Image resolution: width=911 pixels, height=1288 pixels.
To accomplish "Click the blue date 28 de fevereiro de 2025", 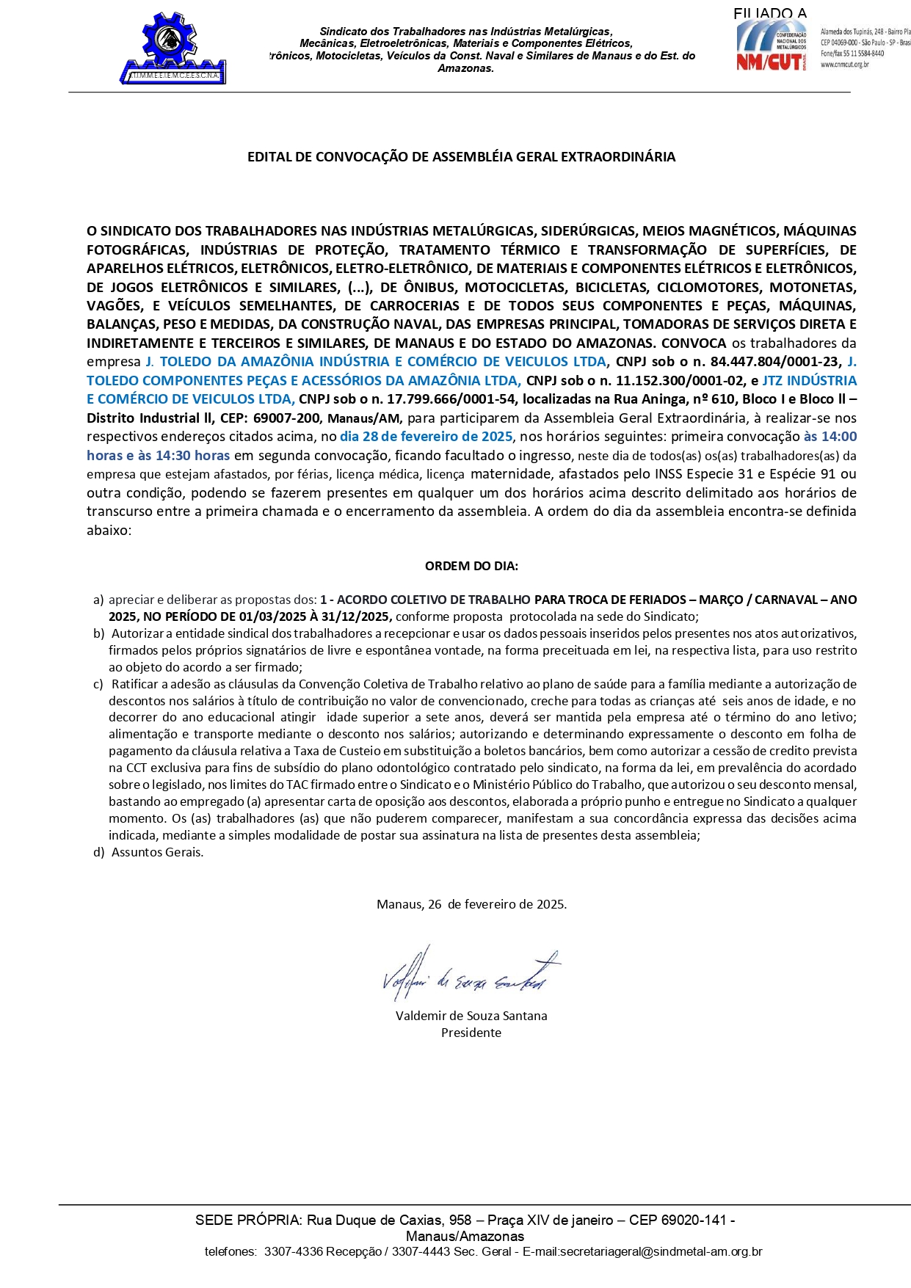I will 427,437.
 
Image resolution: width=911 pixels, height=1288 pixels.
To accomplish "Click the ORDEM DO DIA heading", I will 471,566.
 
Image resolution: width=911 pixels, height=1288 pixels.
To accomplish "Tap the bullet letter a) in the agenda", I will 98,600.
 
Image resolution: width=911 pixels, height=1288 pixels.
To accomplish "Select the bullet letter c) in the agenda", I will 98,684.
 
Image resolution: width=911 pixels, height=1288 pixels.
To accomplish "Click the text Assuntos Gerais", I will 158,852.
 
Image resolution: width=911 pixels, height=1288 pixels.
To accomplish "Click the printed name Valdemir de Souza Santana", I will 471,1016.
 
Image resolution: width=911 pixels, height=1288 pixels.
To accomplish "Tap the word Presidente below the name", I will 471,1033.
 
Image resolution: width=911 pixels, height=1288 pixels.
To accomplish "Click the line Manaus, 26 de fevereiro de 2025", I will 471,904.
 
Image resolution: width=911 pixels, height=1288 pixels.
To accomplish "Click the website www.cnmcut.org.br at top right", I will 844,65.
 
